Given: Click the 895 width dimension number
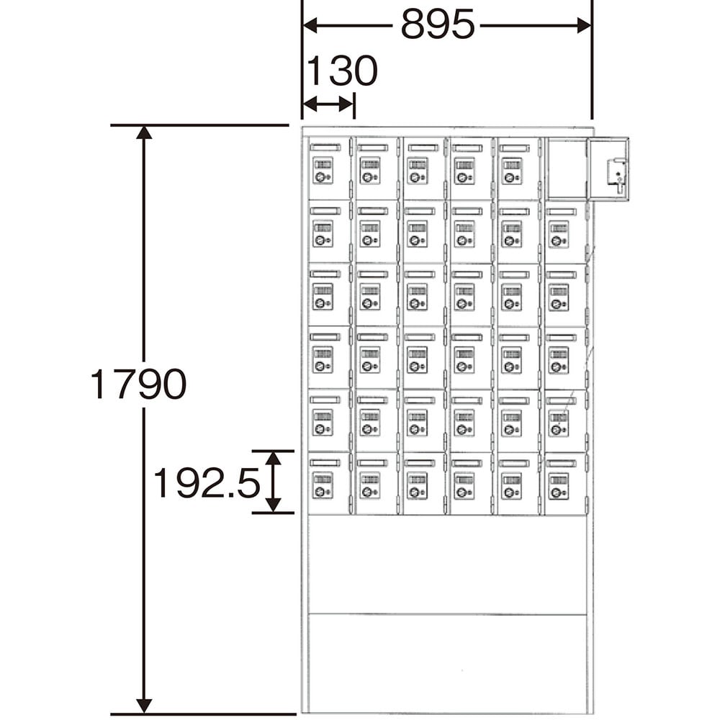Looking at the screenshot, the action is (438, 24).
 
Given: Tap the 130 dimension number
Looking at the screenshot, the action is (341, 71).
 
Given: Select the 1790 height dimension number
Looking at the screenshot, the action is (138, 384).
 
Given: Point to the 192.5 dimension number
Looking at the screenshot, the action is (206, 482).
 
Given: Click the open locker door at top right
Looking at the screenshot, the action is (609, 169).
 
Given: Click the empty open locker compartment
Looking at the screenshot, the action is (567, 169).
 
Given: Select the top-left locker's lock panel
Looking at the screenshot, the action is (323, 171).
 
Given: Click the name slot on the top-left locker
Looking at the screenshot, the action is (325, 148).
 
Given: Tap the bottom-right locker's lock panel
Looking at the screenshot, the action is (559, 487).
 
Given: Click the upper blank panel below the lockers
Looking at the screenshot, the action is (448, 564).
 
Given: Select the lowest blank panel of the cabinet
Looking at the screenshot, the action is (448, 664).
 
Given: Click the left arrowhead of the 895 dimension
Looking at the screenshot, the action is (310, 25).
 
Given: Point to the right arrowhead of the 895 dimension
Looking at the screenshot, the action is (584, 25).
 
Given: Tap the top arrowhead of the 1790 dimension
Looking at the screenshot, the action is (144, 132).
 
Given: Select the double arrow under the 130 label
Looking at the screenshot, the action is (329, 104).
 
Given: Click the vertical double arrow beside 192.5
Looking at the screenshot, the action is (273, 482).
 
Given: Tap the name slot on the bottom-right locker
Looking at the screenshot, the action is (561, 463).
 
